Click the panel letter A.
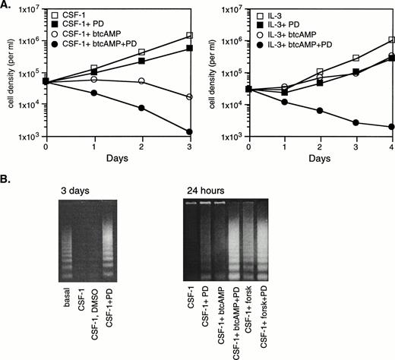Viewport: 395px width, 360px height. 6,6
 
